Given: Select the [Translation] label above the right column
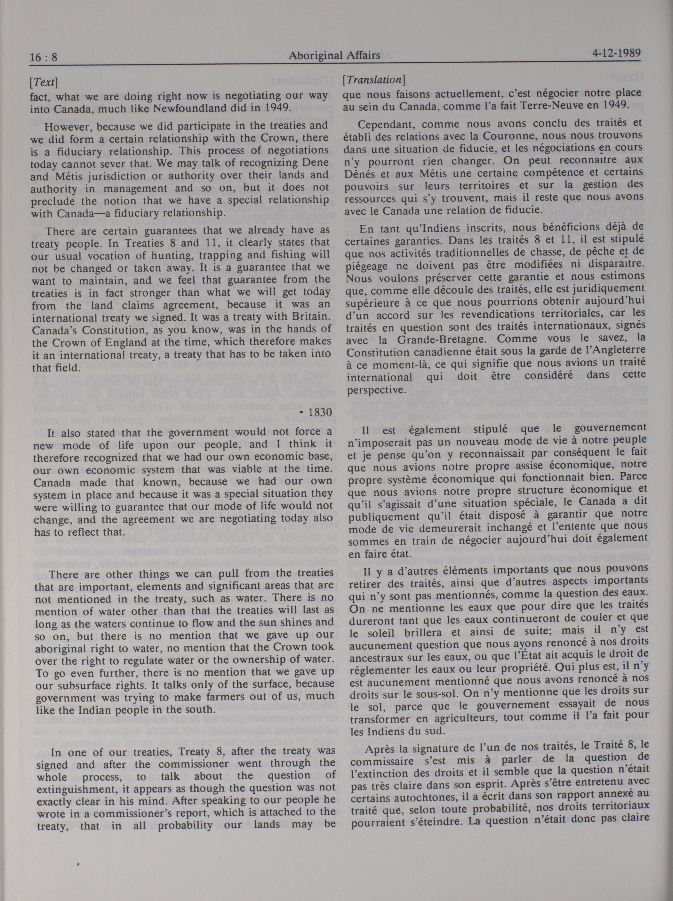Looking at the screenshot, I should (373, 80).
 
